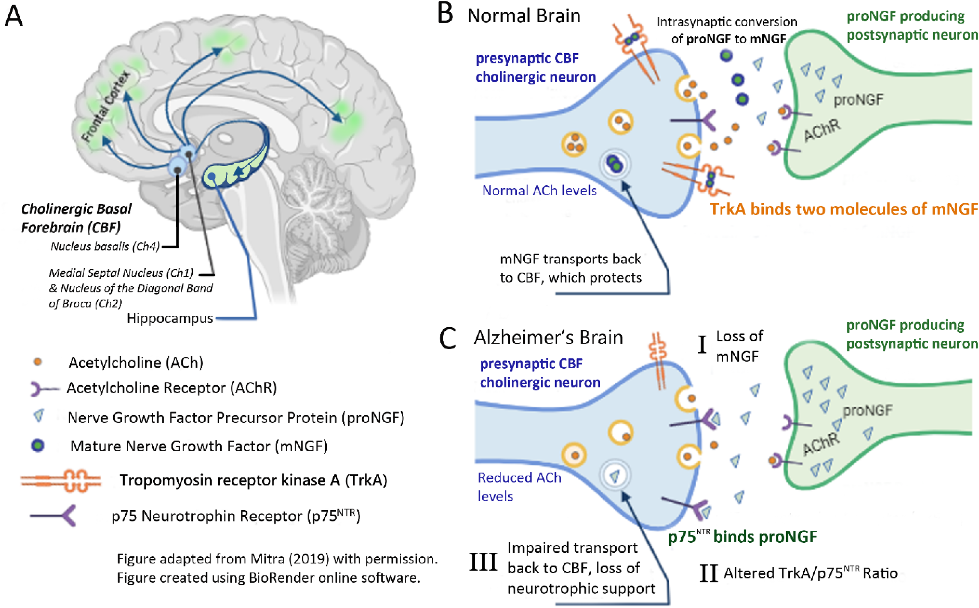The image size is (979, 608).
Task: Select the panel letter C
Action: coord(447,338)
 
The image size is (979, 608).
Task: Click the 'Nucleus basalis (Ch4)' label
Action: coord(105,246)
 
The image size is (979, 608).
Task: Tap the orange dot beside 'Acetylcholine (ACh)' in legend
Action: coord(38,362)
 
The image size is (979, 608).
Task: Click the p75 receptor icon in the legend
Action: coord(53,516)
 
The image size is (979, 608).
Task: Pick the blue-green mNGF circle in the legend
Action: coord(38,446)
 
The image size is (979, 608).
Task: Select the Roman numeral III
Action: coord(483,562)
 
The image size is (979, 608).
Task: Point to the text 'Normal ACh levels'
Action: coord(540,190)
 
